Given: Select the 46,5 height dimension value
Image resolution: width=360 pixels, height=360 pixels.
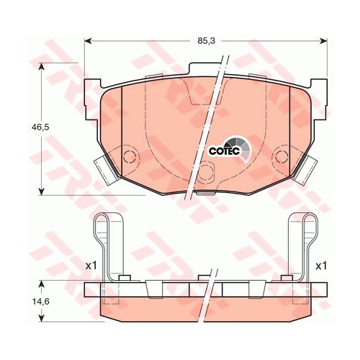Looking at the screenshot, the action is (x=40, y=127).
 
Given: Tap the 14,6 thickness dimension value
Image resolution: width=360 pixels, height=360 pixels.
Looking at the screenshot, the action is (x=41, y=302).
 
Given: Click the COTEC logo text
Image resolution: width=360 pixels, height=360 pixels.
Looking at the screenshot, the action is (x=225, y=151).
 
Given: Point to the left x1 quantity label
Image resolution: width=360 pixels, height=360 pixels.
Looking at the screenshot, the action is (x=91, y=266).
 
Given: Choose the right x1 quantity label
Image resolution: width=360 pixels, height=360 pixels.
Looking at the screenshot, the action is (x=321, y=266).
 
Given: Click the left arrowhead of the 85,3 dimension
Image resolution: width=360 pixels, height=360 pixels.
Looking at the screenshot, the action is (x=88, y=41).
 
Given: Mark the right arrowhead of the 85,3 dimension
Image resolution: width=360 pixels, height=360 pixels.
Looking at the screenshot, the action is (x=323, y=41).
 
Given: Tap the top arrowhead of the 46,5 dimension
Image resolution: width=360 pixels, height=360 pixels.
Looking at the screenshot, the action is (x=42, y=67).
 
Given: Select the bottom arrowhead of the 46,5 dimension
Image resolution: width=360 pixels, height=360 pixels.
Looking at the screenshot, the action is (x=42, y=191).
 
